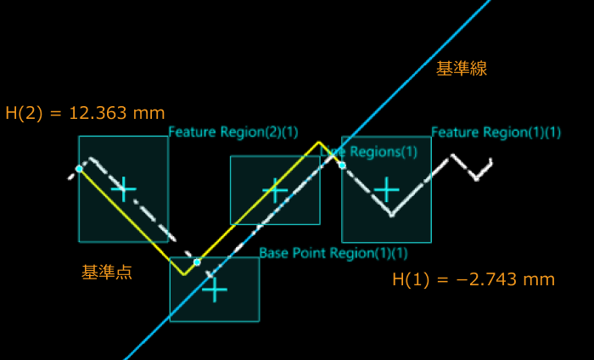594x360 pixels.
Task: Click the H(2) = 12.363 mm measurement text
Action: pyautogui.click(x=85, y=113)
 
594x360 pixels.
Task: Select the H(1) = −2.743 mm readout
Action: pyautogui.click(x=474, y=279)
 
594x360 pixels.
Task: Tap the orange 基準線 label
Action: pyautogui.click(x=461, y=70)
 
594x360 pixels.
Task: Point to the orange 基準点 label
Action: pyautogui.click(x=106, y=273)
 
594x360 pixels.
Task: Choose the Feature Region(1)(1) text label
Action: pyautogui.click(x=496, y=132)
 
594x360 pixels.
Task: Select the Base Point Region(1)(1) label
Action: pyautogui.click(x=333, y=253)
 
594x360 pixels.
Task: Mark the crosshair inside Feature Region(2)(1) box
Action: pyautogui.click(x=124, y=188)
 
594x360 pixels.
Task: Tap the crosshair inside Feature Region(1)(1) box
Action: pyautogui.click(x=386, y=188)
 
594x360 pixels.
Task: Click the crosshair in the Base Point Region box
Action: pyautogui.click(x=215, y=290)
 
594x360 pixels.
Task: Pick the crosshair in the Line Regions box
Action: pyautogui.click(x=275, y=190)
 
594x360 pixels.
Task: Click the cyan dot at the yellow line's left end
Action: pyautogui.click(x=79, y=169)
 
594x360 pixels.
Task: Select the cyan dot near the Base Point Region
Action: pyautogui.click(x=197, y=262)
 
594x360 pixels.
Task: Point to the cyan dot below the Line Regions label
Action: pyautogui.click(x=342, y=165)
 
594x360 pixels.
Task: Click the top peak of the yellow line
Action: pyautogui.click(x=318, y=142)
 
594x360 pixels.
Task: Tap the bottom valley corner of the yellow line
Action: pyautogui.click(x=183, y=274)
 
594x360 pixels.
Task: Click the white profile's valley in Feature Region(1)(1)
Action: pyautogui.click(x=391, y=215)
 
